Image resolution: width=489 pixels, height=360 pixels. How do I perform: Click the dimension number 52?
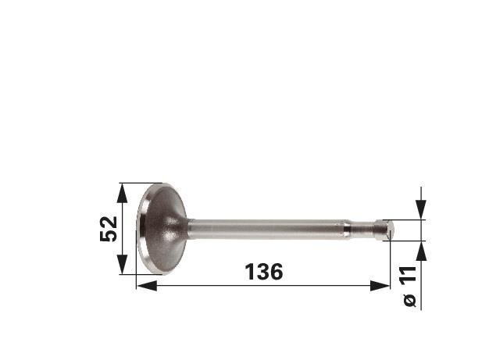pyautogui.click(x=109, y=229)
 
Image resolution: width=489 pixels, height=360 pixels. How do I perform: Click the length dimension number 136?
pyautogui.click(x=264, y=272)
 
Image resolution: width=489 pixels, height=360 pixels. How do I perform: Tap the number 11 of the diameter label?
pyautogui.click(x=409, y=275)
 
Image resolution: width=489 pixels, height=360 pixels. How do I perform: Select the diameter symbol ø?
pyautogui.click(x=409, y=300)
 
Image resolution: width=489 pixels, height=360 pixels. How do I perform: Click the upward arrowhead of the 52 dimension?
pyautogui.click(x=122, y=194)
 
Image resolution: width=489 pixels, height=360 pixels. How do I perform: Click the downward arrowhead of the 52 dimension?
pyautogui.click(x=122, y=264)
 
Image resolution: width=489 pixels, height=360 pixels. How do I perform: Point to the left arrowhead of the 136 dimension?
pyautogui.click(x=147, y=286)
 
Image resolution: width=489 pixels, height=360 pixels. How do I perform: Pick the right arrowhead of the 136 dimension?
pyautogui.click(x=380, y=286)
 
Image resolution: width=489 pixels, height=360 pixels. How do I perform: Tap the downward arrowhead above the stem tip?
pyautogui.click(x=421, y=209)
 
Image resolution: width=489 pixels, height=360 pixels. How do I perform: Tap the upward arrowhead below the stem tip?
pyautogui.click(x=421, y=251)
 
